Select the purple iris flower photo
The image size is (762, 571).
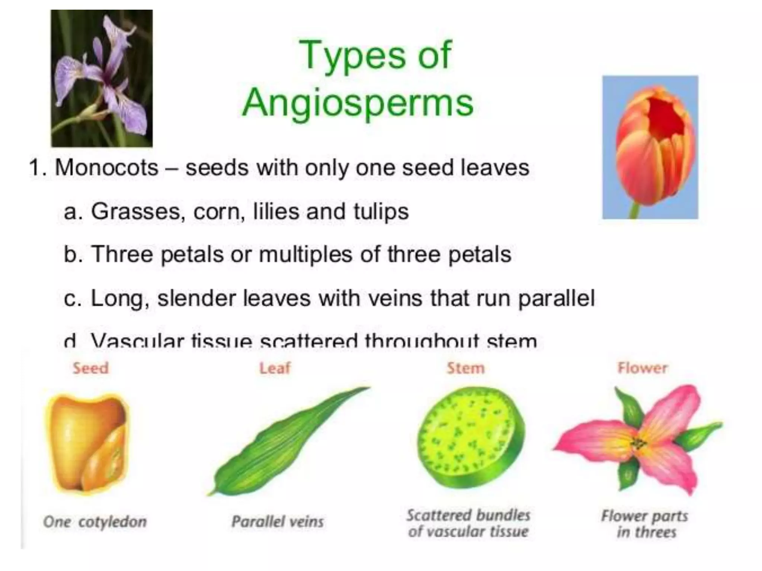click(x=102, y=78)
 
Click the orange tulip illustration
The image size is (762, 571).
click(x=650, y=147)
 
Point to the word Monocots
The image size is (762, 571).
click(x=106, y=168)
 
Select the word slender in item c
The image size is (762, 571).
click(x=196, y=298)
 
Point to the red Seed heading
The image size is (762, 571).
click(x=91, y=368)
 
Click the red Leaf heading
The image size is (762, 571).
click(x=275, y=368)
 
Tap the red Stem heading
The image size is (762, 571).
click(x=466, y=368)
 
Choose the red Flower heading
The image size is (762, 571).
click(x=643, y=368)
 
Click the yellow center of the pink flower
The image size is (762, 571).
click(x=639, y=443)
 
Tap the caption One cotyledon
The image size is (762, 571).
click(x=95, y=522)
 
